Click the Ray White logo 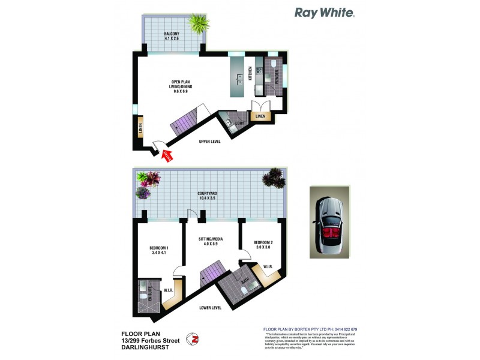325,13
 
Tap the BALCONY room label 173,36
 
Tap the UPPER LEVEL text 209,142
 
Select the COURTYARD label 206,196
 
